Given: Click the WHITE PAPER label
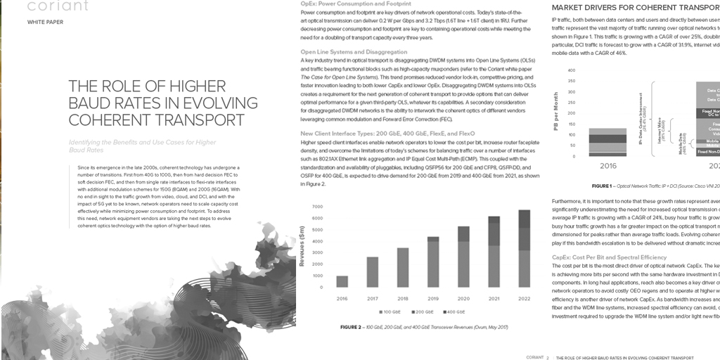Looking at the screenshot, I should coord(45,22).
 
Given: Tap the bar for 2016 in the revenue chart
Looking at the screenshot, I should coord(342,282).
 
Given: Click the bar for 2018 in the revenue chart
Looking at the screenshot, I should coord(403,268).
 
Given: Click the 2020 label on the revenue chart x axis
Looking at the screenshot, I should coord(463,299).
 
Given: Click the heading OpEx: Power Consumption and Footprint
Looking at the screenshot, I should coord(345,4).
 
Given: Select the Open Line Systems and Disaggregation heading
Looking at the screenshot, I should coord(353,52).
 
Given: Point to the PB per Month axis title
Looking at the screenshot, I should coord(555,113).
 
